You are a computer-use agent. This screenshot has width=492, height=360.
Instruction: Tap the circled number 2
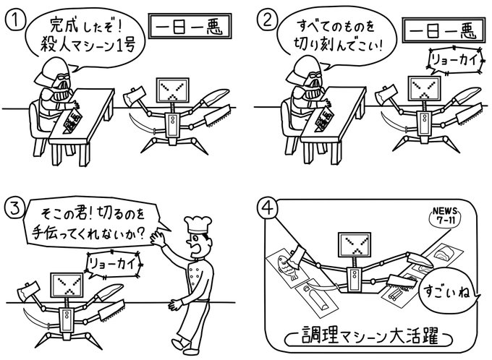tap(267, 20)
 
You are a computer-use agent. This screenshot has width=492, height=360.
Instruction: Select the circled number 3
tap(14, 208)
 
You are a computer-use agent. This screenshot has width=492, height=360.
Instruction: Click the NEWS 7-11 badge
tap(445, 216)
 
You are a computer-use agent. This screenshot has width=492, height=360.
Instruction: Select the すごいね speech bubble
tap(447, 291)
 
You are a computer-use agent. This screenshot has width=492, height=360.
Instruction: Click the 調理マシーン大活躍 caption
tap(369, 339)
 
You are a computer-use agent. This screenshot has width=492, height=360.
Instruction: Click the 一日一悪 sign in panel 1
tap(190, 26)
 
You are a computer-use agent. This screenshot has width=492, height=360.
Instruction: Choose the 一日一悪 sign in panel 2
tap(444, 30)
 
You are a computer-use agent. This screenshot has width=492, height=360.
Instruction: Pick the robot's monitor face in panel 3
tap(67, 285)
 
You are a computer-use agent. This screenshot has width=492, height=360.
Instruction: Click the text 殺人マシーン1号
tap(88, 46)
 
